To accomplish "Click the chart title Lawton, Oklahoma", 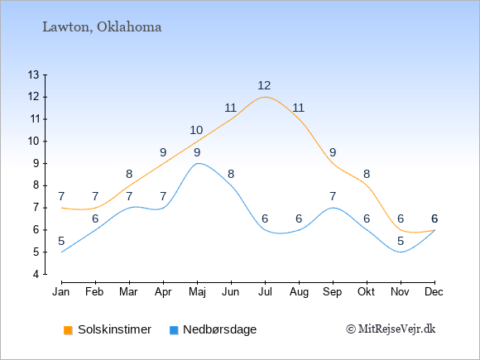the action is point(102,27).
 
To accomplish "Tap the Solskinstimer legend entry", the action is point(108,329).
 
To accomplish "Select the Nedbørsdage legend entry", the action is point(213,329).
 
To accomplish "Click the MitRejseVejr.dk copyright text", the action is point(391,329).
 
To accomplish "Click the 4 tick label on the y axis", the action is point(36,274).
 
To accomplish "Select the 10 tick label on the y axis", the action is point(34,142).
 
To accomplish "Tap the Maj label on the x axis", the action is point(197,292).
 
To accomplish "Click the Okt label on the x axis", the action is point(366,292).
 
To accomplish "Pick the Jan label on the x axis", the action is point(61,292).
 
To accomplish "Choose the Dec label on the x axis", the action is point(434,292).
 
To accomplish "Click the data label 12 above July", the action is point(264,85).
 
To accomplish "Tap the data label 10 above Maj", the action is point(196,131).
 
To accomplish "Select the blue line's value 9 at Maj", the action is point(197,152).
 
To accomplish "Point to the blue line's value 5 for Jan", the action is point(61,241).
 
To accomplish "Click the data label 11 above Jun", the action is point(230,108).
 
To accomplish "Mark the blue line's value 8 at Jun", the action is point(231,174).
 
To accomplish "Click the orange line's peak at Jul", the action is point(265,97).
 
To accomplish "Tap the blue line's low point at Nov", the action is point(401,252).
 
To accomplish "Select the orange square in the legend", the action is point(68,330).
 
